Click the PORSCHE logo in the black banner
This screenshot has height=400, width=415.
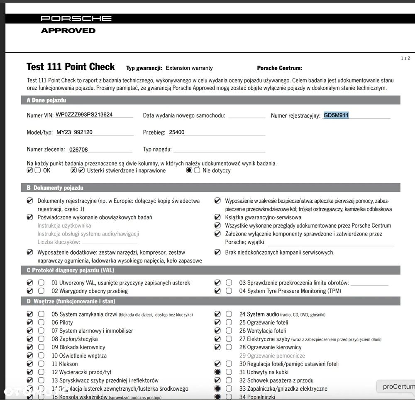point(76,18)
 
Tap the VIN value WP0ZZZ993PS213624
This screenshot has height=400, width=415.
point(84,115)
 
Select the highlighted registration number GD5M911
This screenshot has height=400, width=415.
point(336,115)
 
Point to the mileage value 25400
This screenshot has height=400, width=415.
point(177,133)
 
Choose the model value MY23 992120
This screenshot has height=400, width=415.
point(74,133)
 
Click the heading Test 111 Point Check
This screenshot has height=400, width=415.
point(71,67)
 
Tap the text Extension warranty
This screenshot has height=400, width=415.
point(189,68)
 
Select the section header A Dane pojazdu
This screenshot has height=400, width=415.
point(46,100)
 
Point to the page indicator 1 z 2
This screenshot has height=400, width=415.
point(405,58)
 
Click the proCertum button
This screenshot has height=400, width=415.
point(398,386)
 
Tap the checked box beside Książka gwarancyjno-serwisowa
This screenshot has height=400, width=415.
point(217,217)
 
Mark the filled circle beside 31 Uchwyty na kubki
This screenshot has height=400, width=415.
point(217,372)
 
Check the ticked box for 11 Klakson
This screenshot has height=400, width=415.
point(30,364)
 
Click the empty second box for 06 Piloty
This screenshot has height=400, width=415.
point(41,322)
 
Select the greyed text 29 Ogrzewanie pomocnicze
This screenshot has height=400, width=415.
point(272,356)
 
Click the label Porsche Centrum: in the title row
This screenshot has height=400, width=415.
point(279,68)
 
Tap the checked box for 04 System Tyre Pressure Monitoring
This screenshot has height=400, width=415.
point(217,291)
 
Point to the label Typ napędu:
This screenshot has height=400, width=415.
point(157,149)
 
